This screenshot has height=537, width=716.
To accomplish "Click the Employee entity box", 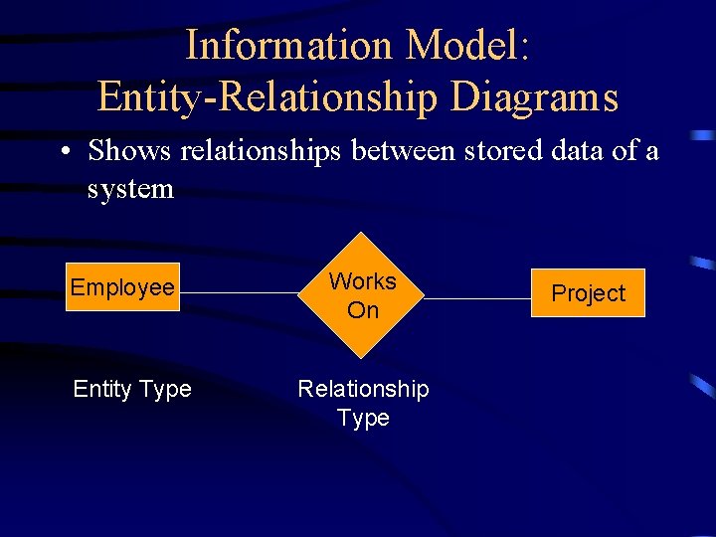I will pyautogui.click(x=122, y=287).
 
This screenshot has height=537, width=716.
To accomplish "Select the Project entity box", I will pyautogui.click(x=588, y=293).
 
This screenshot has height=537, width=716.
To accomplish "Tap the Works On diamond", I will pyautogui.click(x=363, y=295).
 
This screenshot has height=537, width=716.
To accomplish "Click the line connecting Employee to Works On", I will pyautogui.click(x=239, y=293).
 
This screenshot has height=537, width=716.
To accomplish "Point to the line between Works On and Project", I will pyautogui.click(x=477, y=297).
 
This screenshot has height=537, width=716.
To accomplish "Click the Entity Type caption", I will pyautogui.click(x=132, y=389).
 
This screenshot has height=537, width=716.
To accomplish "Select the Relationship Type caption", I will pyautogui.click(x=363, y=403).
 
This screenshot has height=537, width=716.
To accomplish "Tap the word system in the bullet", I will pyautogui.click(x=130, y=188).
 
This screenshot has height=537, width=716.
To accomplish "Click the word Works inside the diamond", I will pyautogui.click(x=363, y=281).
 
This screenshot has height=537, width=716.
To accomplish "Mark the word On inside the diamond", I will pyautogui.click(x=363, y=310).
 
